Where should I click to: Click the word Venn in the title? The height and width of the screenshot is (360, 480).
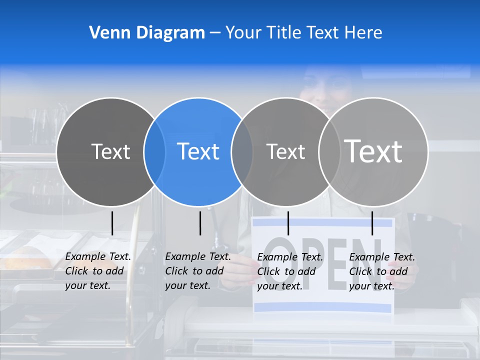coord(105,33)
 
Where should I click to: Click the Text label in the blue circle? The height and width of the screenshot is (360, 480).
coord(198,151)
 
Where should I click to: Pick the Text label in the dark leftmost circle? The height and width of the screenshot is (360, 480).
coord(110,151)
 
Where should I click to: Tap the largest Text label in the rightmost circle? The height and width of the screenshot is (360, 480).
coord(373,151)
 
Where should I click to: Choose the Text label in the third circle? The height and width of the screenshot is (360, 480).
coord(285,151)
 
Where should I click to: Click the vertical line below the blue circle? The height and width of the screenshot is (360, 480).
coord(200,223)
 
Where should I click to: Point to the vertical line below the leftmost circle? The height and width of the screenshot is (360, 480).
coord(112,223)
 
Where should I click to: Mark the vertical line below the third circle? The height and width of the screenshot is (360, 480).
coord(288,223)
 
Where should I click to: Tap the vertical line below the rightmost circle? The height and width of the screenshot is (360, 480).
coord(372,223)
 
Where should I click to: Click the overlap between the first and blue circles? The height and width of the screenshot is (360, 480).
coord(154,152)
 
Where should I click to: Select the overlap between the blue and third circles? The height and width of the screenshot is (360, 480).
coord(242,152)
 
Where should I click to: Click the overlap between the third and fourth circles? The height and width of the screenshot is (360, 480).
coord(329,152)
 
